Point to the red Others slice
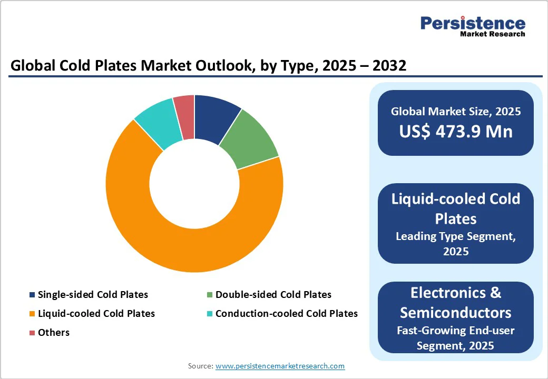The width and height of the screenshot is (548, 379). point(184,117)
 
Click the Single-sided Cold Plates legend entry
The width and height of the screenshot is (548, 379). point(93,294)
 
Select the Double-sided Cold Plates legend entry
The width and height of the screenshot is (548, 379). point(273,294)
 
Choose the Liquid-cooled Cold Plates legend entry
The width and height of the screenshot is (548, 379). point(96,313)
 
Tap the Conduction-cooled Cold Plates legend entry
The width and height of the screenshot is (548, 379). point(286,313)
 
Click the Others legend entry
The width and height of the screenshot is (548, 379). point(53,332)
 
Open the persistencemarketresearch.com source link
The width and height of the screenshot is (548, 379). point(280,366)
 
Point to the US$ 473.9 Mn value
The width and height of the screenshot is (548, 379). point(456,131)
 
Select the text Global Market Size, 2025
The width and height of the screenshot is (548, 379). point(456,111)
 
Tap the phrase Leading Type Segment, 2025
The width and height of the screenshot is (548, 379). point(456,244)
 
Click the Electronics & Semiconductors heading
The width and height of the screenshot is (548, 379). point(456,302)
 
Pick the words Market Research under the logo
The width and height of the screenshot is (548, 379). point(492,34)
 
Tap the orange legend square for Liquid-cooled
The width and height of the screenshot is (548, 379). point(32,314)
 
